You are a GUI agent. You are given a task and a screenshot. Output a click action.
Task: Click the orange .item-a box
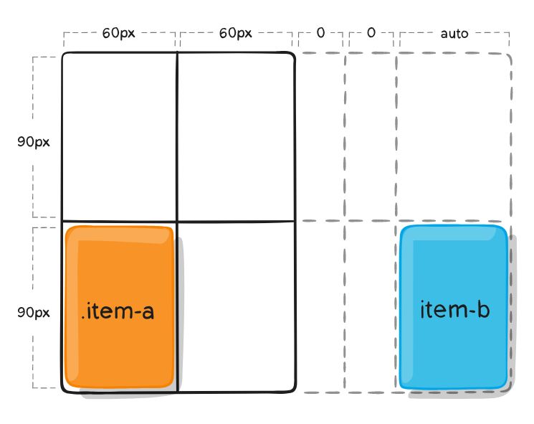point(120,307)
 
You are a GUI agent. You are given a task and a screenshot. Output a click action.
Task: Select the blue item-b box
point(454,307)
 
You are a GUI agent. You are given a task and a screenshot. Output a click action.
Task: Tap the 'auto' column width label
point(454,33)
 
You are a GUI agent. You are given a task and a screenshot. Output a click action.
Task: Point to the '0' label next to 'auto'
point(371,33)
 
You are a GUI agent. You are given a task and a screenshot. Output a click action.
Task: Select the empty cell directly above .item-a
point(120,136)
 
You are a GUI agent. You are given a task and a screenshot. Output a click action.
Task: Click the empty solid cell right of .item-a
point(236,307)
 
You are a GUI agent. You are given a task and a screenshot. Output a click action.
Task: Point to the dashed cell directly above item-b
point(453,136)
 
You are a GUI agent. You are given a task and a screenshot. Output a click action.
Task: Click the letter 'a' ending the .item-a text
point(148,312)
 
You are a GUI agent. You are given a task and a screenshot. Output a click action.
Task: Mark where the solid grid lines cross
point(177,221)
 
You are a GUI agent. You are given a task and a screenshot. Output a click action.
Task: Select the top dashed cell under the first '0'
point(320,136)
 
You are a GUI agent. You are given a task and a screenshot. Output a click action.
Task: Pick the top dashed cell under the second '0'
point(371,136)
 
